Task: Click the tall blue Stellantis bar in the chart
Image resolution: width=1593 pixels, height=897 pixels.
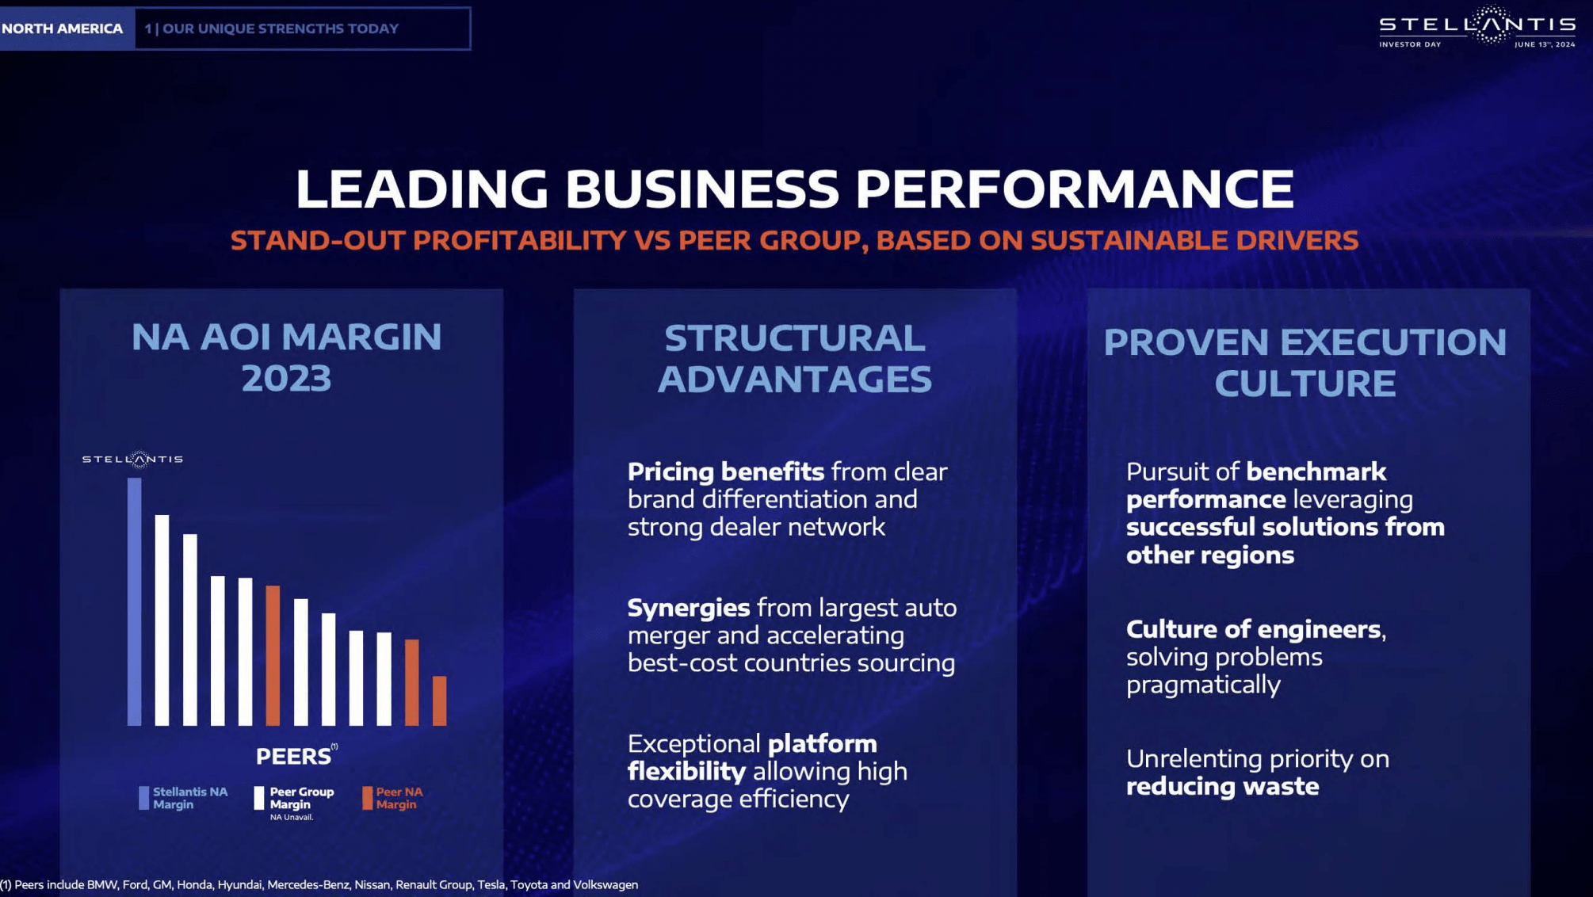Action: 135,601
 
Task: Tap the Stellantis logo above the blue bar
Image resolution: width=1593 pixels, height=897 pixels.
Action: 132,459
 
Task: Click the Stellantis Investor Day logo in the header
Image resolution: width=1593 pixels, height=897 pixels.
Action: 1476,28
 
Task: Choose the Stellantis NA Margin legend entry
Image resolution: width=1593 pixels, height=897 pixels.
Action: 183,798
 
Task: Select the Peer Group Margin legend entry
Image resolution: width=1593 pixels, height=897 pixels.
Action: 294,798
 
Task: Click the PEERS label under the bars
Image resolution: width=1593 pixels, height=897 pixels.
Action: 292,756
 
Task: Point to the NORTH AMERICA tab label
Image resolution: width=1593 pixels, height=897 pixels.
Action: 63,29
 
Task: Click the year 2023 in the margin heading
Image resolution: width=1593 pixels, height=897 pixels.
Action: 286,378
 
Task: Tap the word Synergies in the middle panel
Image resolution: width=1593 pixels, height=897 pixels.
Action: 688,608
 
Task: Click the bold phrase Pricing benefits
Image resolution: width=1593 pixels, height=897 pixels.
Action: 725,471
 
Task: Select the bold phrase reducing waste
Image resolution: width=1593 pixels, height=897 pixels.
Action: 1222,786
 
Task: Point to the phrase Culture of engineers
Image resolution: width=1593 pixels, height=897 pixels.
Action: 1254,629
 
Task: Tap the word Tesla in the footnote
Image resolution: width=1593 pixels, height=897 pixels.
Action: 491,884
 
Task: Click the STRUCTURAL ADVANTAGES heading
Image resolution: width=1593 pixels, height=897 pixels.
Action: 794,358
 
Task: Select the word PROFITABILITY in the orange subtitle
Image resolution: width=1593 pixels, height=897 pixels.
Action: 519,240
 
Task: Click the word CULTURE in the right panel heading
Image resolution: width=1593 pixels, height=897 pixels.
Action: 1305,384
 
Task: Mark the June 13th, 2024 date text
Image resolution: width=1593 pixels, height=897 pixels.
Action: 1544,44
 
